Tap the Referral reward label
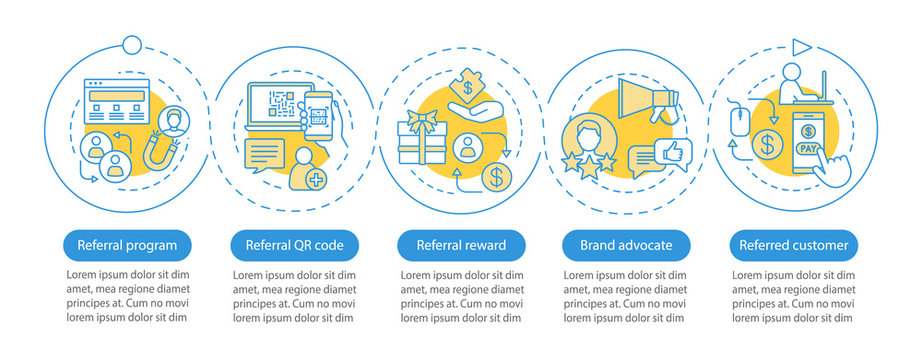tap(460, 244)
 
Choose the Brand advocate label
tap(627, 244)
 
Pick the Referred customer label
tap(794, 244)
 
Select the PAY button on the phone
tap(806, 147)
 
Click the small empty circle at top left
tap(132, 44)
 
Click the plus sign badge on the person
tap(316, 181)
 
